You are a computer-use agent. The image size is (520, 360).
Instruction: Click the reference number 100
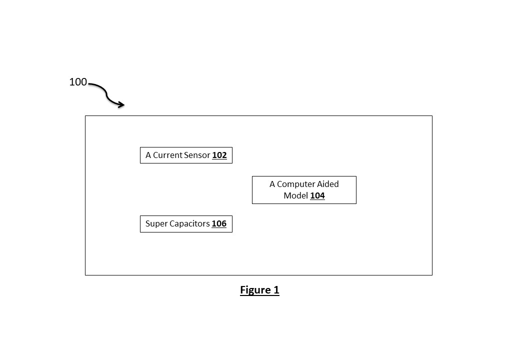78,82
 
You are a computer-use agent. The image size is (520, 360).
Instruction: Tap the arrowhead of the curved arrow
121,105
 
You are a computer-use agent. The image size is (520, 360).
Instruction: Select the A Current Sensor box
186,155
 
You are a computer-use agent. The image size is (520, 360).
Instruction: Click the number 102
219,155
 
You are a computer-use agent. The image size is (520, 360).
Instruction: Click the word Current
168,155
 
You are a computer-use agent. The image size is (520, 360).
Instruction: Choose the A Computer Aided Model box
304,190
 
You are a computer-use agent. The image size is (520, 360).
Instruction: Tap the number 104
317,195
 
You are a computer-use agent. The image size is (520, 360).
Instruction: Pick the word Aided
328,184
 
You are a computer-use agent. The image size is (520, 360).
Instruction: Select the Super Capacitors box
186,223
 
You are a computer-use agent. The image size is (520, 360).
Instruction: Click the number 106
219,223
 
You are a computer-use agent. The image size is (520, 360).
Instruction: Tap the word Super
155,223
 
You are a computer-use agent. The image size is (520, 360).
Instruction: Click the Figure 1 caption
259,290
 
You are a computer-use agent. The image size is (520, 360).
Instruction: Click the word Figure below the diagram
254,290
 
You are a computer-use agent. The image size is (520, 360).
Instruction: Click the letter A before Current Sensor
148,155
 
